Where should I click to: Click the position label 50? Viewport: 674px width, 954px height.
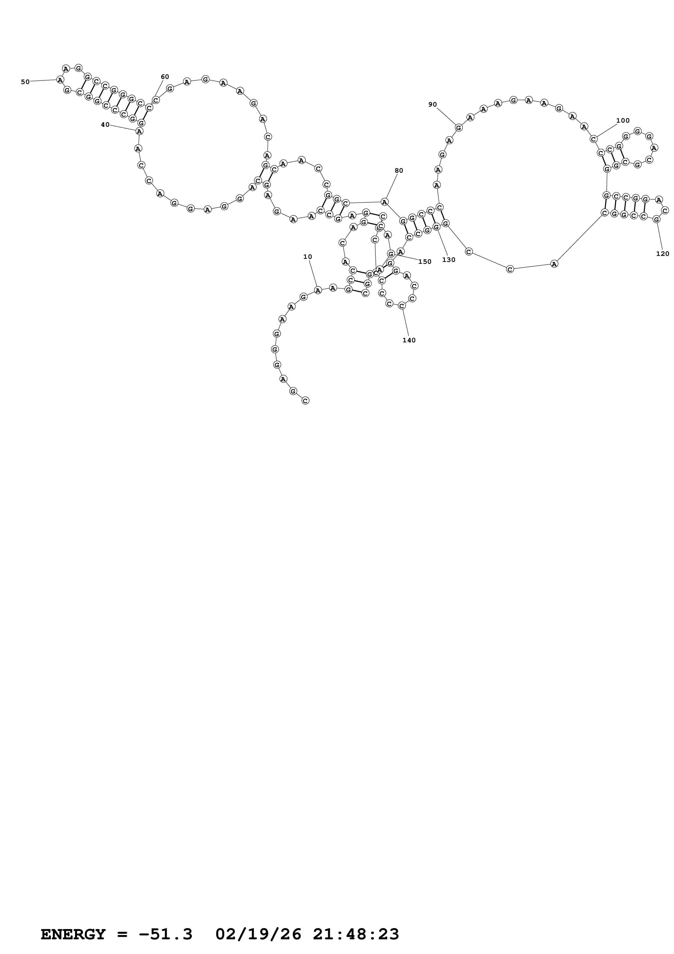pos(25,82)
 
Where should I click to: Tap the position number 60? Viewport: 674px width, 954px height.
pos(165,77)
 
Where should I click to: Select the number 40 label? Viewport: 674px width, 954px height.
pos(105,125)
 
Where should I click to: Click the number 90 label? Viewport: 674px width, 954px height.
pos(433,105)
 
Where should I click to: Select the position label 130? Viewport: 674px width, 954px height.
pos(449,260)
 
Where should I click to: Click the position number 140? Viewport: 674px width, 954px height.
pos(409,340)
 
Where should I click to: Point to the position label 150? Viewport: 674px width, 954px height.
pos(425,262)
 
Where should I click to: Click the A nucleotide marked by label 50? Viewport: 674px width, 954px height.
pos(60,80)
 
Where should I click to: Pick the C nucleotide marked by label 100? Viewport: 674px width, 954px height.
pos(594,139)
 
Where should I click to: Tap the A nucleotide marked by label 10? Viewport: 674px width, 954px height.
pos(318,290)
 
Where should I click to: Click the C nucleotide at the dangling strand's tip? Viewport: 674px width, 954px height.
pos(305,401)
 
